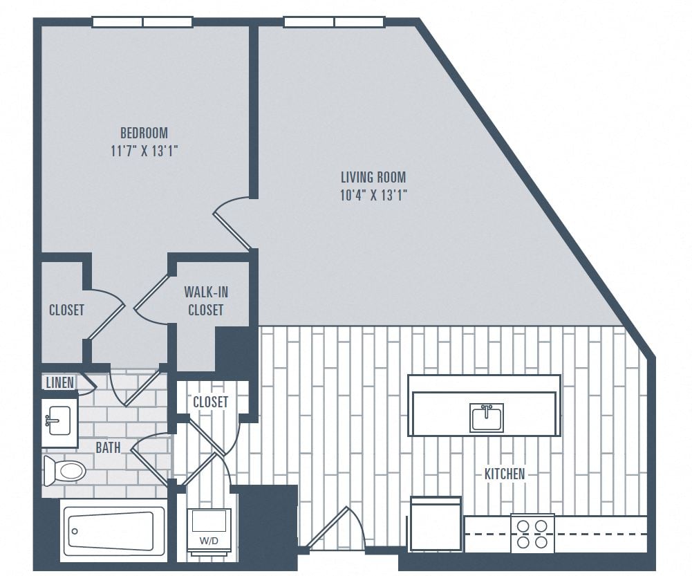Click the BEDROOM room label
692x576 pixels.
click(x=144, y=133)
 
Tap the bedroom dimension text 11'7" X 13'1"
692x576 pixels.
click(x=144, y=151)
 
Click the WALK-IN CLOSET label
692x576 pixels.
click(x=205, y=301)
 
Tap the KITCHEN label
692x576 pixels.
click(x=504, y=474)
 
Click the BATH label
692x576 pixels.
click(x=108, y=447)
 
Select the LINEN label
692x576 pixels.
click(x=59, y=382)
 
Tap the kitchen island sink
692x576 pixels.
click(x=486, y=418)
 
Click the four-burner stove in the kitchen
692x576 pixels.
click(x=532, y=533)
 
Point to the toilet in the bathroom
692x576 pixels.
click(x=65, y=471)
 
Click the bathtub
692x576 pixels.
click(x=113, y=530)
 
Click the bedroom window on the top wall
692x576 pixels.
click(x=142, y=22)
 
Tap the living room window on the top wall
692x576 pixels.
click(x=334, y=22)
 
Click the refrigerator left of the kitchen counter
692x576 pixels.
click(x=436, y=523)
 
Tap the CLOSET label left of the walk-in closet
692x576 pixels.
click(x=66, y=310)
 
